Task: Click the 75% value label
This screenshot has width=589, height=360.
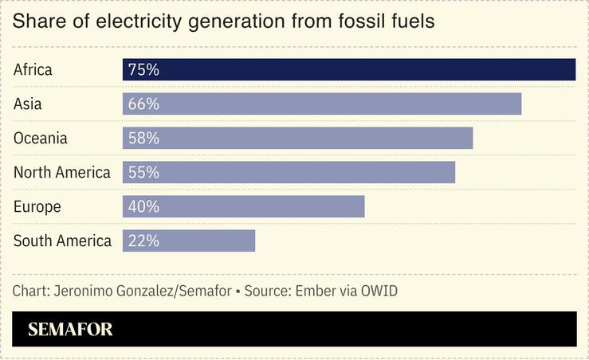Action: (x=143, y=69)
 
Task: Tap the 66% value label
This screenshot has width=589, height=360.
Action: (x=143, y=104)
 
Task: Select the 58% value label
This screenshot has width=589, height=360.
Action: (x=143, y=138)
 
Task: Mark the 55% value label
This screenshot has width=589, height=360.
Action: (x=143, y=172)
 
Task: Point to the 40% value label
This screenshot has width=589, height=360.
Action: (x=143, y=206)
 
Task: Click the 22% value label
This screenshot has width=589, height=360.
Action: (x=143, y=241)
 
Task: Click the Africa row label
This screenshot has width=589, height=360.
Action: (x=33, y=69)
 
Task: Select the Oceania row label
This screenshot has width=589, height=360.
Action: (x=41, y=138)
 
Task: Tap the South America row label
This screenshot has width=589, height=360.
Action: (x=62, y=241)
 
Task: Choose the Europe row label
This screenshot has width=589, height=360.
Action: (x=37, y=206)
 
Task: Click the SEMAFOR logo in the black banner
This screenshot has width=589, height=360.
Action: (x=70, y=330)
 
